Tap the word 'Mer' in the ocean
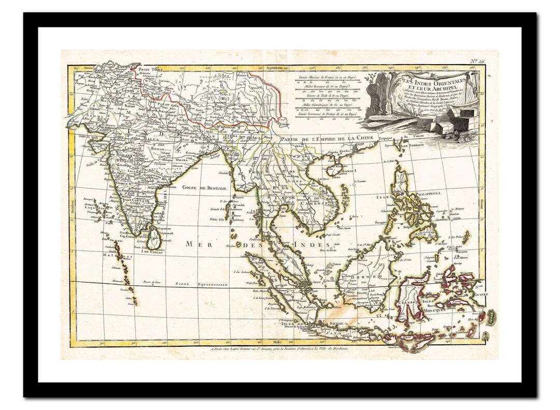196,243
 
